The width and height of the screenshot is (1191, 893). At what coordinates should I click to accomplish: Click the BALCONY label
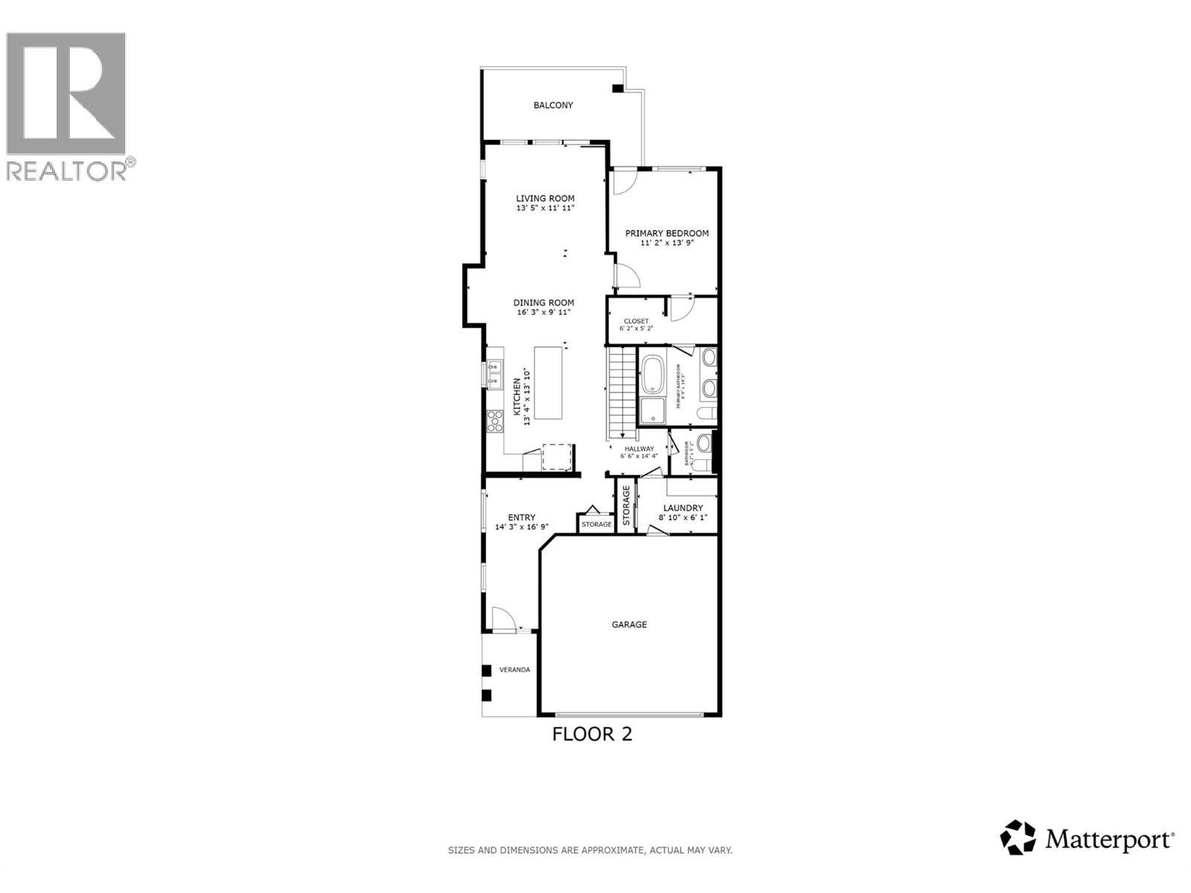pyautogui.click(x=553, y=106)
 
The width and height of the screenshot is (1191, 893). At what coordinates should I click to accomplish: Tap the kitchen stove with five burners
pyautogui.click(x=494, y=421)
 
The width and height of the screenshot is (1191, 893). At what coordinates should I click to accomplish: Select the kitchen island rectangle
pyautogui.click(x=553, y=394)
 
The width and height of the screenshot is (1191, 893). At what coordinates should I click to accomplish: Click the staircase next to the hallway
pyautogui.click(x=623, y=394)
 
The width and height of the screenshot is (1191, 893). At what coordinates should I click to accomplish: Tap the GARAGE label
pyautogui.click(x=629, y=624)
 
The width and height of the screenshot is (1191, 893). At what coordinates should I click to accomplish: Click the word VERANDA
pyautogui.click(x=514, y=670)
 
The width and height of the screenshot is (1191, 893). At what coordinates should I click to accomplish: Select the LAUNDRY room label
pyautogui.click(x=683, y=508)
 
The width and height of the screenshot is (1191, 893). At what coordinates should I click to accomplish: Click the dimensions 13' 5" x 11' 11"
pyautogui.click(x=546, y=208)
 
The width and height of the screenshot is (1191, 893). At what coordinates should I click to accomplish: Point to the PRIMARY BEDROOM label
pyautogui.click(x=666, y=233)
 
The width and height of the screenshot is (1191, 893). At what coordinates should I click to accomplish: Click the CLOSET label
pyautogui.click(x=636, y=321)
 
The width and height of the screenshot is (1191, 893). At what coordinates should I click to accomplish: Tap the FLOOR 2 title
pyautogui.click(x=592, y=734)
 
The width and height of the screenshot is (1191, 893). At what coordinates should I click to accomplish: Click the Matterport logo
pyautogui.click(x=1088, y=840)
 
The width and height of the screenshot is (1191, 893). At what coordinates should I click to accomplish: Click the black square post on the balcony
pyautogui.click(x=617, y=89)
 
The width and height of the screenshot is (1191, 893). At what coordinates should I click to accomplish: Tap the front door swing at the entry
pyautogui.click(x=502, y=619)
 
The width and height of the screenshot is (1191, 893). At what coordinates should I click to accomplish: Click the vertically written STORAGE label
pyautogui.click(x=626, y=505)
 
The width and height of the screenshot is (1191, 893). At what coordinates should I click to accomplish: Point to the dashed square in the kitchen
pyautogui.click(x=558, y=457)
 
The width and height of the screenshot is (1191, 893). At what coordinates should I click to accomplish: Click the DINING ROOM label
pyautogui.click(x=543, y=303)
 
